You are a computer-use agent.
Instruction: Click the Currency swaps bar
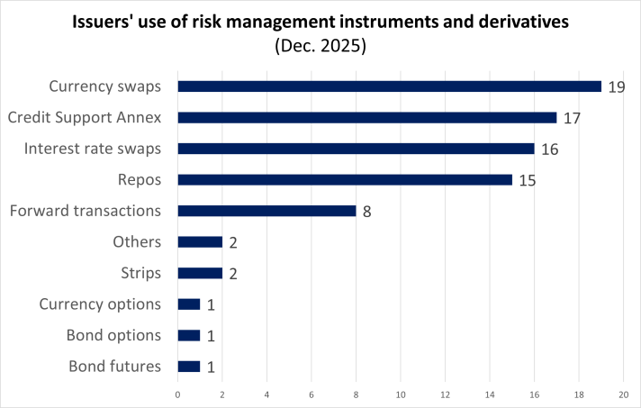[x=389, y=86]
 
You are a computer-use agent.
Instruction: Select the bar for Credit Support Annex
[x=366, y=117]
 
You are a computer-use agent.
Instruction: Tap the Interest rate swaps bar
[x=356, y=149]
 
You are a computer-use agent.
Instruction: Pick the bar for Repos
[x=345, y=179]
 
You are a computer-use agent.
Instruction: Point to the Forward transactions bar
[x=266, y=211]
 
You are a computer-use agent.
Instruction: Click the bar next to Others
[x=200, y=241]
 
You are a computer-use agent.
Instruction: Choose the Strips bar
[x=200, y=273]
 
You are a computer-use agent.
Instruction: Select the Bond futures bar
[x=189, y=367]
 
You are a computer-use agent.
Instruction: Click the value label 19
[x=617, y=86]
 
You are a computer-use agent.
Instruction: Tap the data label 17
[x=572, y=117]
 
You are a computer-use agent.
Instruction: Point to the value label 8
[x=367, y=211]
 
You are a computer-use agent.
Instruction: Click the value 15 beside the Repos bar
[x=528, y=179]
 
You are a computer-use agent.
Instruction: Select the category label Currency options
[x=100, y=304]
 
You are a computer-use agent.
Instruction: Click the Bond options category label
[x=113, y=335]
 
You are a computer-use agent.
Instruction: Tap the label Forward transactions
[x=85, y=211]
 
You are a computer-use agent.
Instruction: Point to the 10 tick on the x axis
[x=401, y=394]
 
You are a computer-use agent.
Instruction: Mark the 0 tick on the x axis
[x=177, y=394]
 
